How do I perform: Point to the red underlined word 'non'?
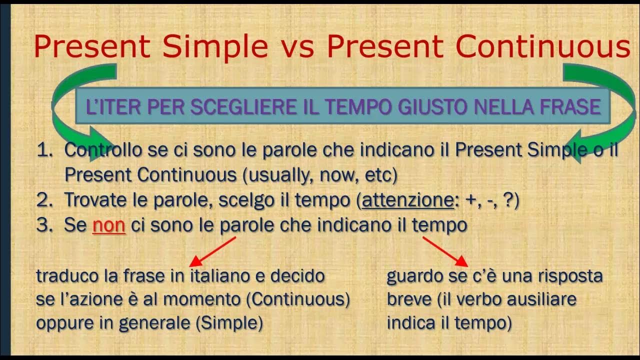[x=108, y=225]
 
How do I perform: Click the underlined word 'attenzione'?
[x=407, y=200]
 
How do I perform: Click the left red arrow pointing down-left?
[x=212, y=251]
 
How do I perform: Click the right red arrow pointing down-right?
[x=445, y=251]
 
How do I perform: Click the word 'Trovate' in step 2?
[x=94, y=200]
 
